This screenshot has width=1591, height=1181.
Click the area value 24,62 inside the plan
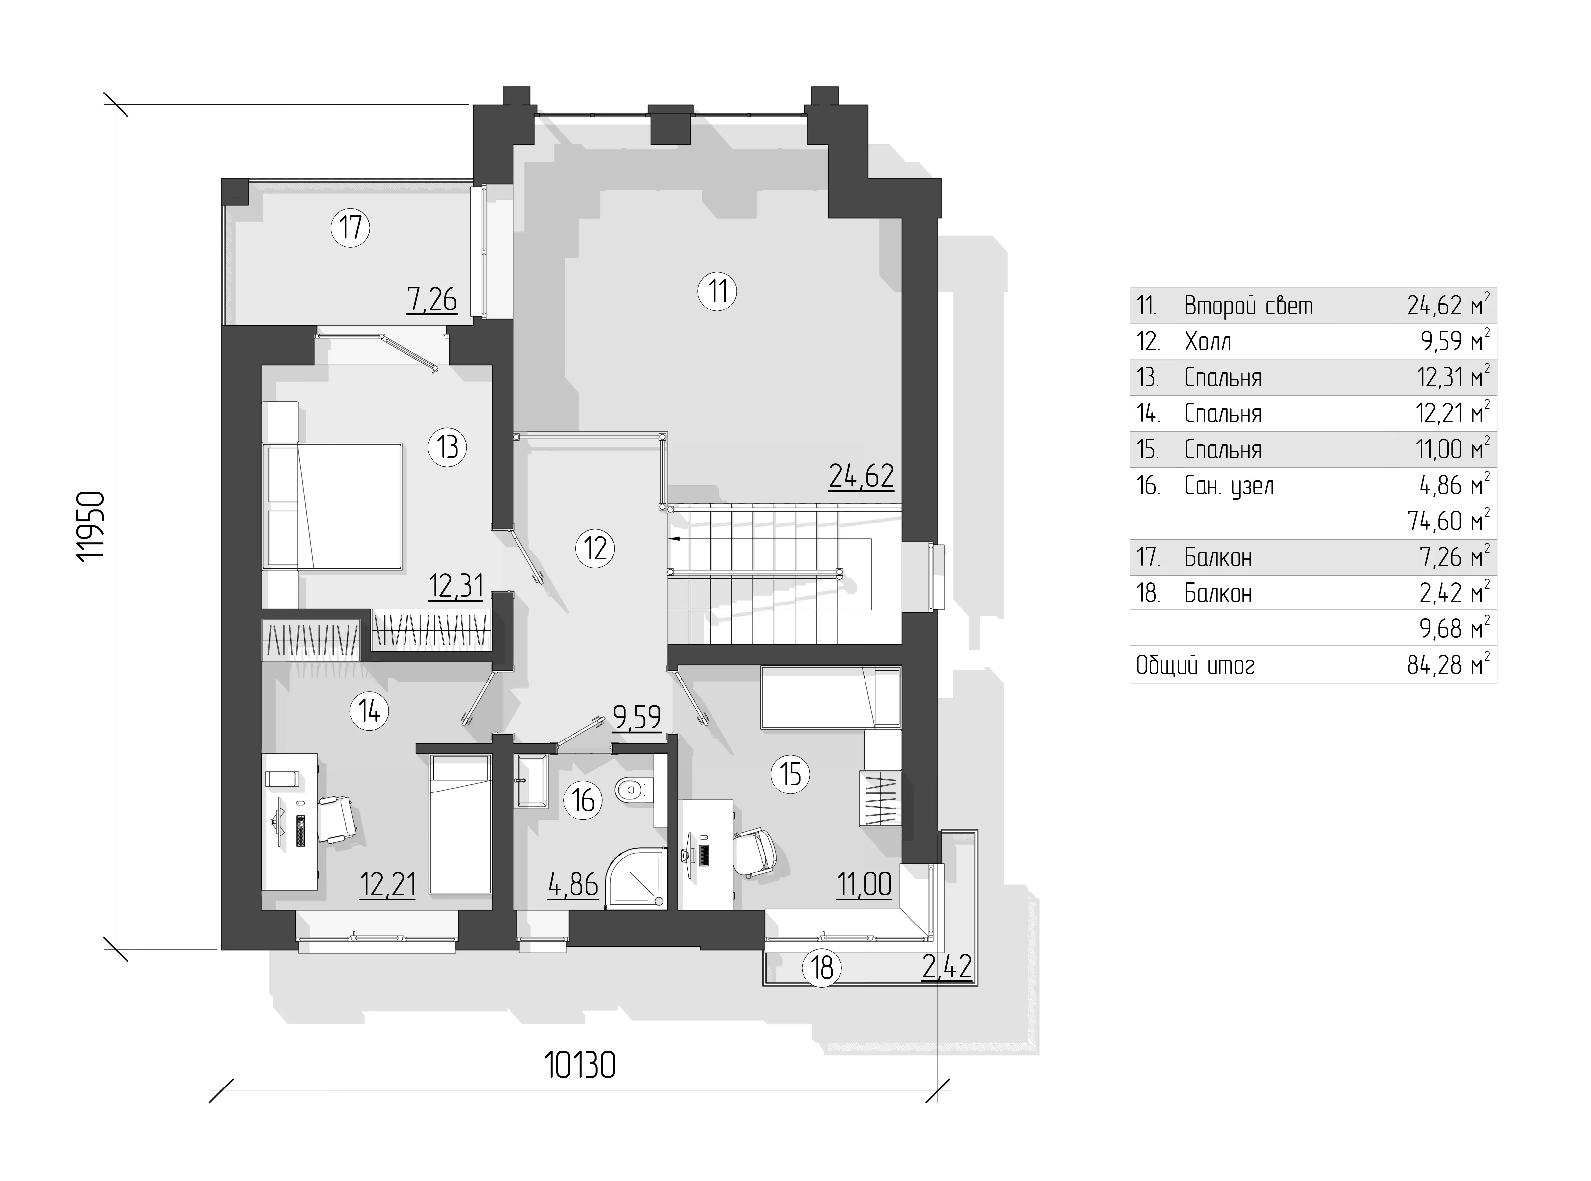click(861, 476)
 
